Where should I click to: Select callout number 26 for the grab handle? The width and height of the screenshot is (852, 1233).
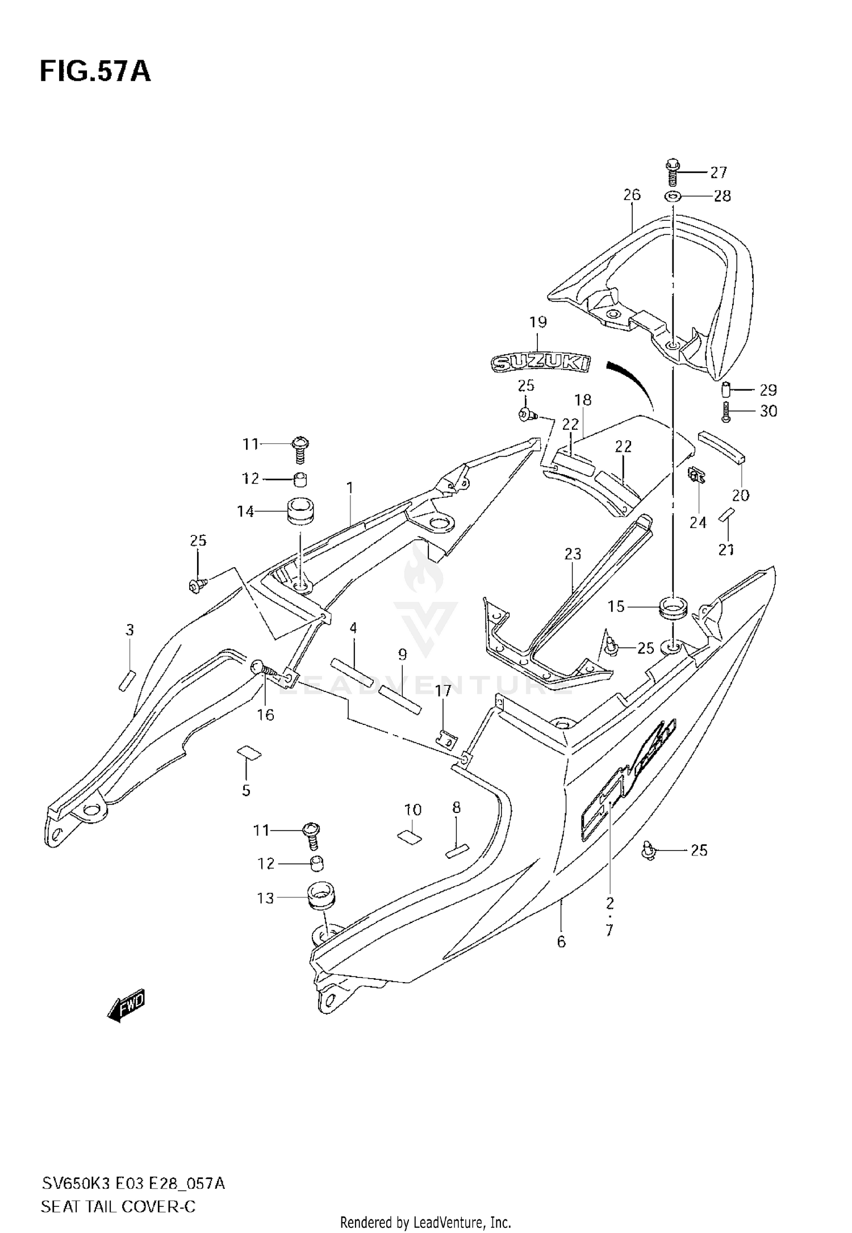(632, 195)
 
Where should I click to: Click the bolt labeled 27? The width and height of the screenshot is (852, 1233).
(672, 171)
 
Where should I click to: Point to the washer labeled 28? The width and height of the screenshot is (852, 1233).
(673, 196)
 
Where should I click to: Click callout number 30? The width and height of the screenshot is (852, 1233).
(768, 411)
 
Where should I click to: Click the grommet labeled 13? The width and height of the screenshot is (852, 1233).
(321, 898)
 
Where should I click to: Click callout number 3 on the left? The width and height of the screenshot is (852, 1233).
(130, 630)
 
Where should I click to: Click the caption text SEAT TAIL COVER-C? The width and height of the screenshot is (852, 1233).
(118, 1205)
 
